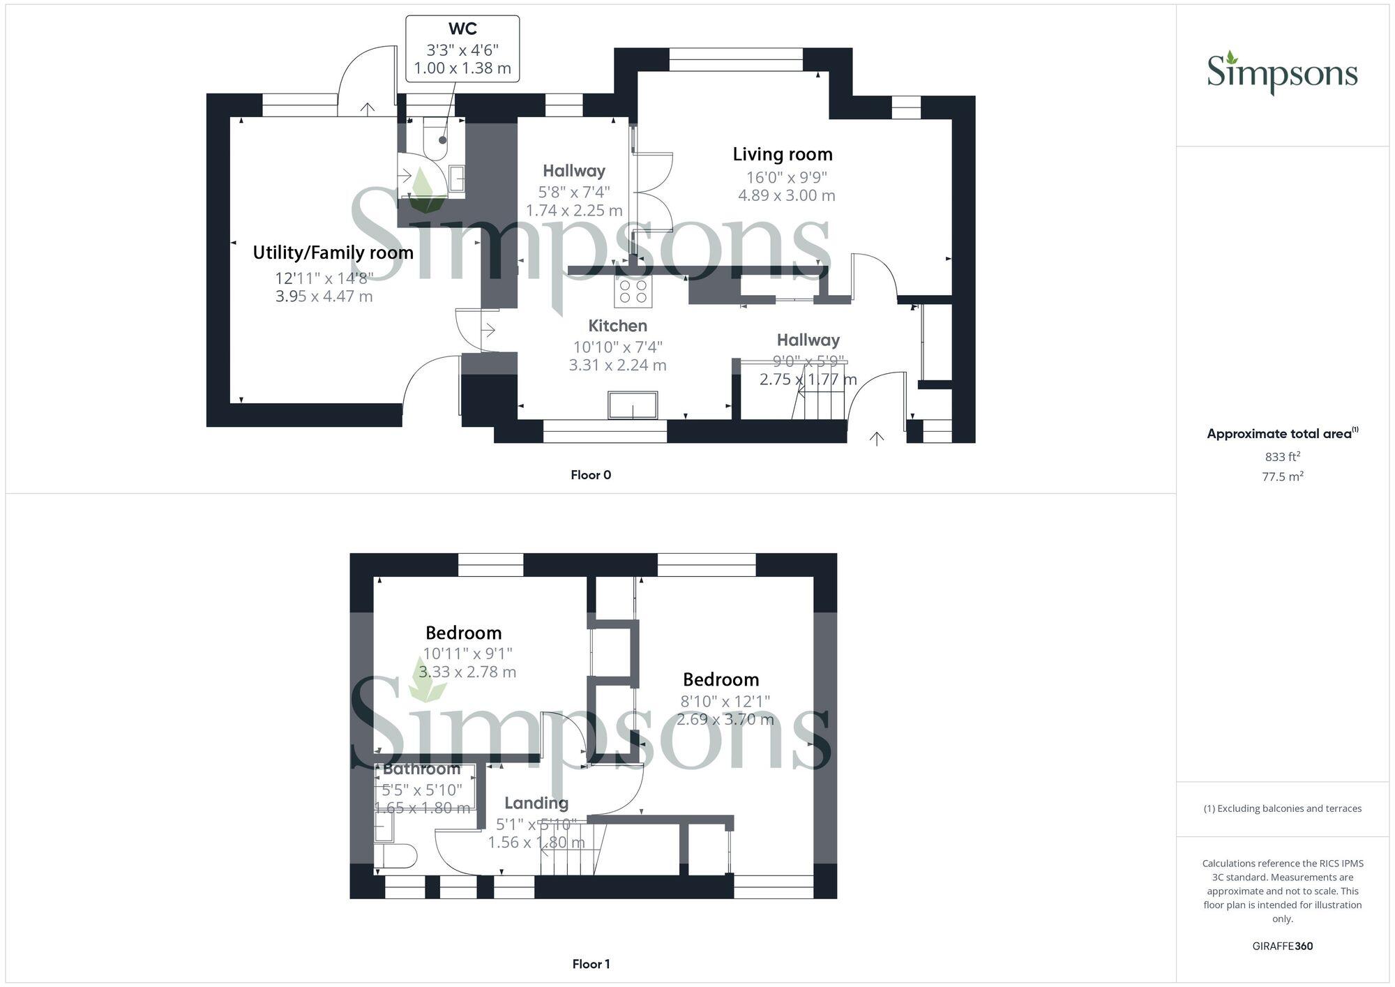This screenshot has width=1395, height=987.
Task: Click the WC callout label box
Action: (462, 49)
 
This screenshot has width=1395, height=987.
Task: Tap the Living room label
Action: (783, 154)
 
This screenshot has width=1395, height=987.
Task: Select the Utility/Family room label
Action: (333, 253)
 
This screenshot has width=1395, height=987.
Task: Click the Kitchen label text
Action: (618, 326)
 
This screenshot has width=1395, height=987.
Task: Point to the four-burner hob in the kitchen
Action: (633, 292)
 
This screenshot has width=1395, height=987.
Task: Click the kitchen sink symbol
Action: (633, 405)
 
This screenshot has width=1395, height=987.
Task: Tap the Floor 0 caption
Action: (591, 475)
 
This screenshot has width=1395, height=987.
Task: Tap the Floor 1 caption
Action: (591, 964)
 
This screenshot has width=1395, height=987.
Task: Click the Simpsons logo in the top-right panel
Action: (1282, 73)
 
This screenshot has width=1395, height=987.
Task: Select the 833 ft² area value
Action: (1283, 458)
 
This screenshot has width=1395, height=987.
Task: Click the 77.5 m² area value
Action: (1283, 477)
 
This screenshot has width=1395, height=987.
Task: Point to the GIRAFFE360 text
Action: (1283, 946)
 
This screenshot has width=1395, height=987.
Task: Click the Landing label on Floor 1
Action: (536, 804)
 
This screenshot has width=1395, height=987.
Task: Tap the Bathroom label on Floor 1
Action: (421, 769)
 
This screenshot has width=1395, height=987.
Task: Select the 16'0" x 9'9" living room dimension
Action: (787, 177)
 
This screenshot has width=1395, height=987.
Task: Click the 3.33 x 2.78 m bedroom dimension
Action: (467, 672)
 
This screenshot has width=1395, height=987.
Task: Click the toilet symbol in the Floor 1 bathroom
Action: (398, 856)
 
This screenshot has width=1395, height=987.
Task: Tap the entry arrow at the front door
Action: (877, 438)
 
